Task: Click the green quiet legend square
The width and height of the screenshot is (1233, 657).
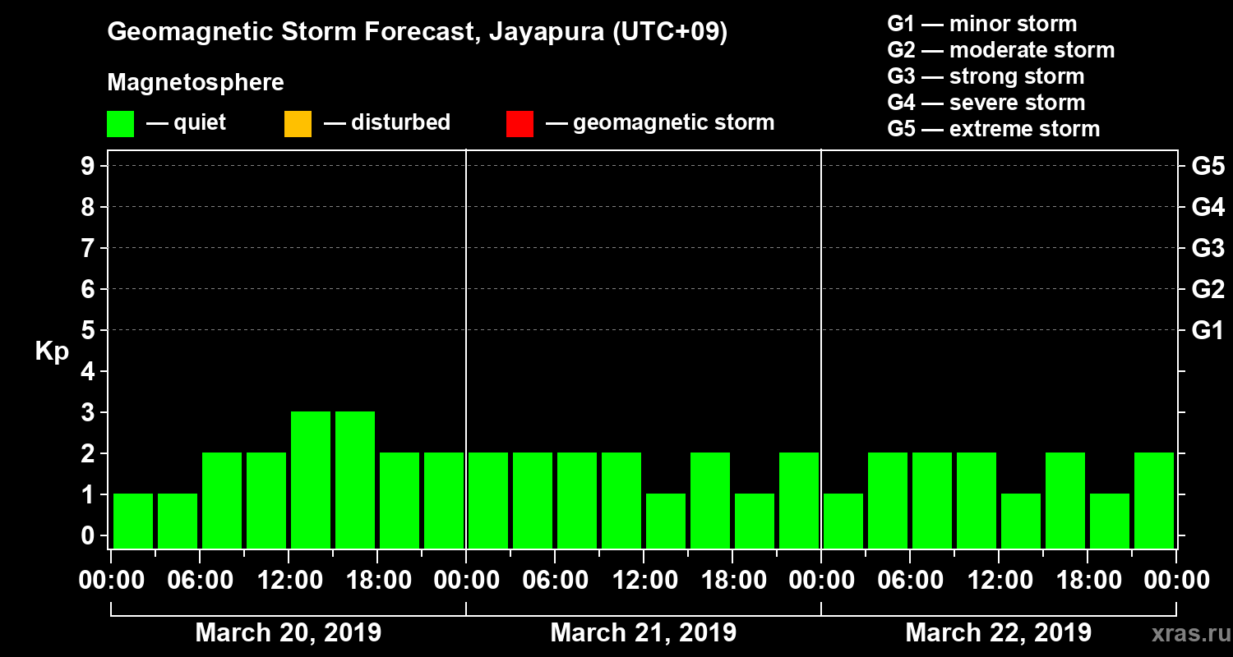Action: (x=120, y=123)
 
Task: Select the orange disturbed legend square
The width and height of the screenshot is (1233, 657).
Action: (x=298, y=123)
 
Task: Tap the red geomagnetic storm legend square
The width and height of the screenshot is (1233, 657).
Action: (x=520, y=123)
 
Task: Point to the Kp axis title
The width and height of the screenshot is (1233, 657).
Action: (x=52, y=351)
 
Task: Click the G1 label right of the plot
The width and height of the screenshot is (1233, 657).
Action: (x=1208, y=331)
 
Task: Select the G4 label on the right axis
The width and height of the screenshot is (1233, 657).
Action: (x=1208, y=208)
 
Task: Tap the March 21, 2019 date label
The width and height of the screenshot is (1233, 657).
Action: (x=643, y=633)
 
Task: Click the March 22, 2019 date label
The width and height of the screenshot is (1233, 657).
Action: (x=998, y=633)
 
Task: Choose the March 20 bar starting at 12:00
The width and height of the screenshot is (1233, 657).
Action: (x=311, y=480)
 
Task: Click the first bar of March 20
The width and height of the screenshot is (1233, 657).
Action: (x=133, y=521)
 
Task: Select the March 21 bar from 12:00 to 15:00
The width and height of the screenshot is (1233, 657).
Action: (x=666, y=521)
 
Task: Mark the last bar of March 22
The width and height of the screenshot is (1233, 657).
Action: (x=1154, y=500)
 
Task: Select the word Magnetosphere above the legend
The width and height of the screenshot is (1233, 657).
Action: (x=196, y=83)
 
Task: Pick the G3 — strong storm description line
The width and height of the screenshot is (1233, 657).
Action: (x=986, y=76)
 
